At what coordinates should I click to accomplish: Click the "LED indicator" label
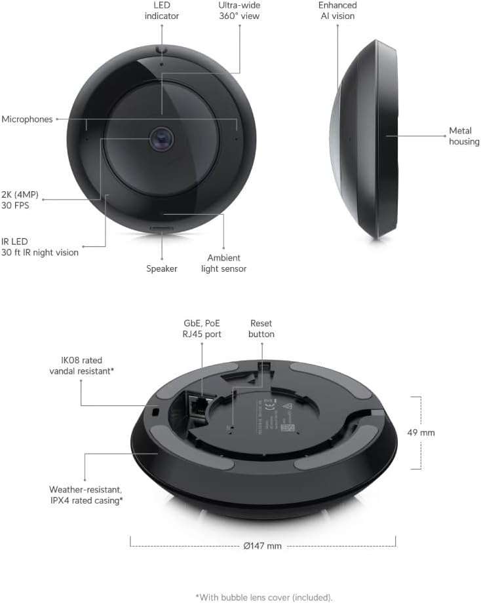161,10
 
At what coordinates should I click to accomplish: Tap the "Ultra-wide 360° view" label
239,10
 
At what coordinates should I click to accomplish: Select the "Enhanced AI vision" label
338,10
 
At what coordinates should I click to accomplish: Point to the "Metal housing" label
464,136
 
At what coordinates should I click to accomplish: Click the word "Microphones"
27,119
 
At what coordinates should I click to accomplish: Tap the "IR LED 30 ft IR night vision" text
40,247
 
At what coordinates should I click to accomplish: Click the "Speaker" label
161,268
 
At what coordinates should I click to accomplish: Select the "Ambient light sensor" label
223,263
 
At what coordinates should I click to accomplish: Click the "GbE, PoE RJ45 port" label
202,329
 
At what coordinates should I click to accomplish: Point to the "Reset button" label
261,329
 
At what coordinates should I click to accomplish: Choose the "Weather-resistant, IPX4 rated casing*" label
86,494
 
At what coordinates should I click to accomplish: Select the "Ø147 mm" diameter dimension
263,545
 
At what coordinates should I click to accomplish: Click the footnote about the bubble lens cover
263,596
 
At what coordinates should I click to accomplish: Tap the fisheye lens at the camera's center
161,138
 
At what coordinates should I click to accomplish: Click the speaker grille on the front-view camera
161,227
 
